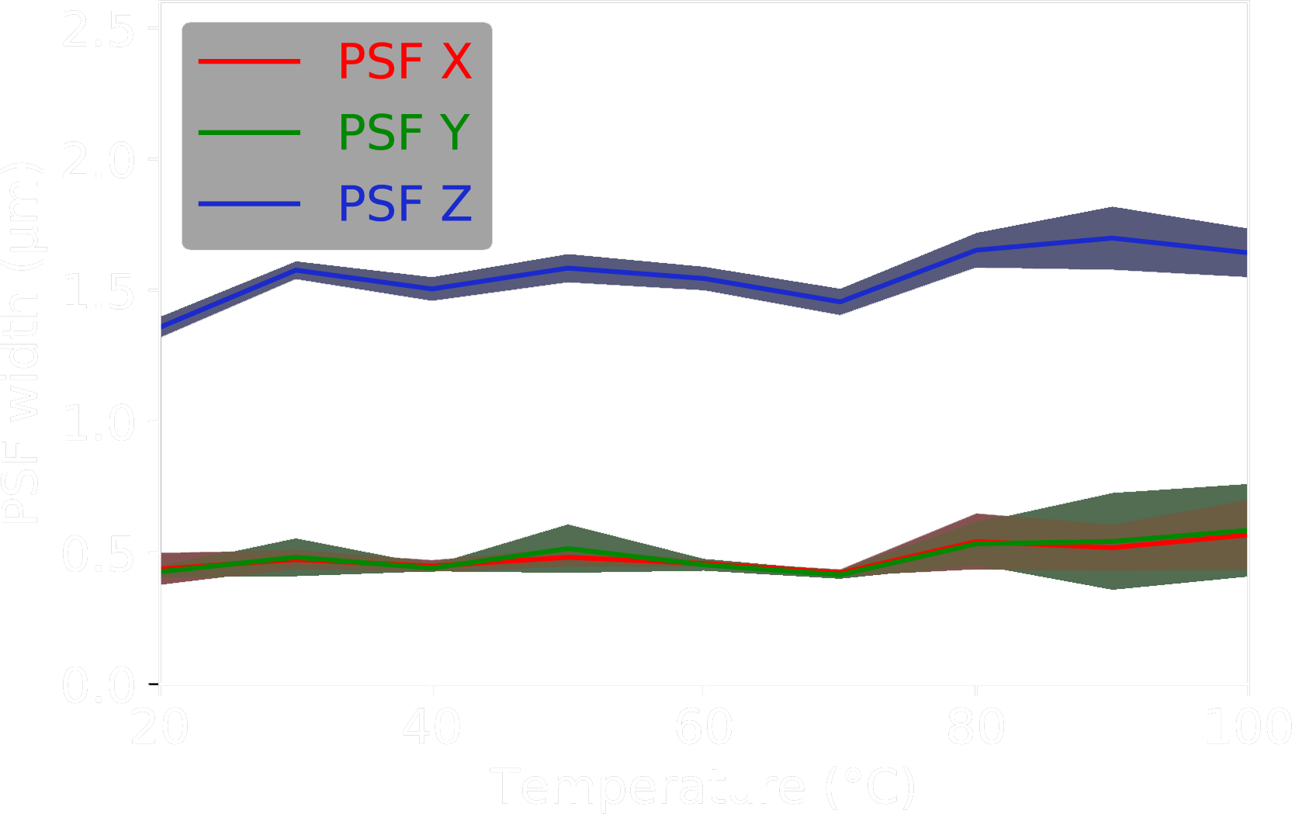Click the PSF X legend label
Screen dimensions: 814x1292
coord(404,61)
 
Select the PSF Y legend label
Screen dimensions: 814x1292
coord(404,133)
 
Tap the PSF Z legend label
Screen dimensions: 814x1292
coord(404,203)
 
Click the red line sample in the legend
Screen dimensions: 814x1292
coord(249,61)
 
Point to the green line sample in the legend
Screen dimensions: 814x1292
coord(249,133)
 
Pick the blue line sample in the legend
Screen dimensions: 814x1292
coord(249,203)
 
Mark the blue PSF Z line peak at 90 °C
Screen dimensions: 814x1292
coord(1112,238)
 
